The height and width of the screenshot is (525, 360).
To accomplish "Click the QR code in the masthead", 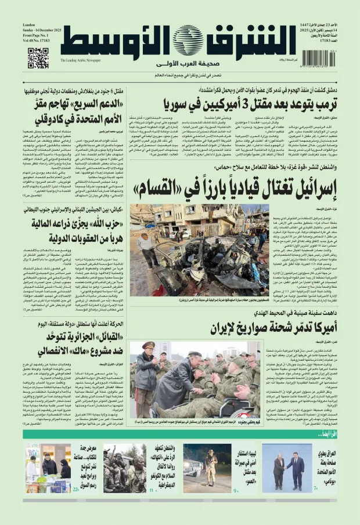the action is (38, 58).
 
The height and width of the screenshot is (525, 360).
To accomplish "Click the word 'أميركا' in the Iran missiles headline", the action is (316, 328).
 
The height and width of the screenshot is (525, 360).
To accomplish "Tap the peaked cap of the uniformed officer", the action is (149, 345).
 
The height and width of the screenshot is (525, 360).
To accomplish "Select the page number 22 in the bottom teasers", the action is (75, 489).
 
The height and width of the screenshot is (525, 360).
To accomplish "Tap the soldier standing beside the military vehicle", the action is (211, 467).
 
